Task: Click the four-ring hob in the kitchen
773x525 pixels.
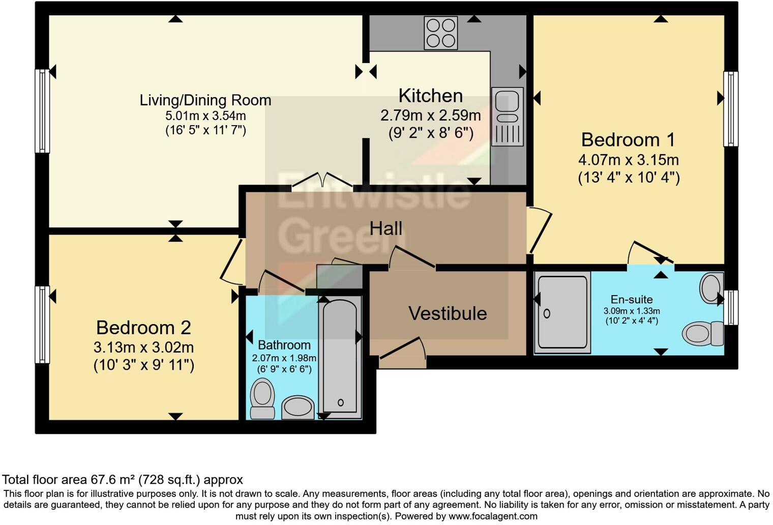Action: [x=441, y=33]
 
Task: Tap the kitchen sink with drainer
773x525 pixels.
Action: [x=507, y=116]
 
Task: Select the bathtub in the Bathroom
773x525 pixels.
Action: [x=340, y=357]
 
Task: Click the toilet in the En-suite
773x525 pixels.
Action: [x=703, y=333]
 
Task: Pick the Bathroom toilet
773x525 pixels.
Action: [x=262, y=399]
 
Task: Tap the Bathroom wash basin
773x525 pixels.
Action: [x=298, y=407]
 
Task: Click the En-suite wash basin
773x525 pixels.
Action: [x=711, y=288]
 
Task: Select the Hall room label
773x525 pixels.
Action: [x=386, y=228]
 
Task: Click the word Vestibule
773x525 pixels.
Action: [x=448, y=313]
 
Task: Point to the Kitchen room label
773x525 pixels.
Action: [x=431, y=96]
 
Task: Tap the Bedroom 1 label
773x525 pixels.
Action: [x=628, y=140]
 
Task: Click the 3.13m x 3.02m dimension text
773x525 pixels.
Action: [x=143, y=347]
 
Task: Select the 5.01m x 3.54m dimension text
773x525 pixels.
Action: [x=205, y=115]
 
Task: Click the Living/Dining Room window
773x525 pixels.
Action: [x=42, y=111]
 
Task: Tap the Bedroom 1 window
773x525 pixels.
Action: [x=731, y=109]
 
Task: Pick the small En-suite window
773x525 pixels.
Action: [x=731, y=308]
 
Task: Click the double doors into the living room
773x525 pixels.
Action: [x=322, y=181]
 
